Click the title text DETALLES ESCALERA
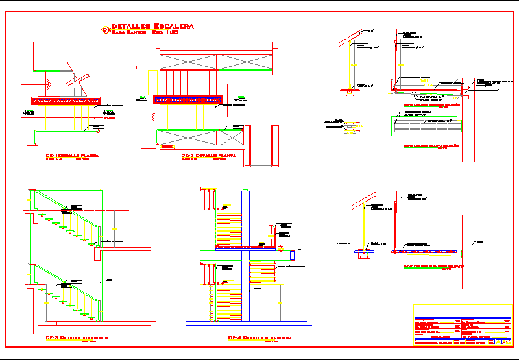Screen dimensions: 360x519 [x=152, y=25]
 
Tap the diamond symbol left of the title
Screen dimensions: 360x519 [x=106, y=29]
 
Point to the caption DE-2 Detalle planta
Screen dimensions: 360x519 [x=208, y=156]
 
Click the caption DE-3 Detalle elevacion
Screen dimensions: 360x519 [x=77, y=338]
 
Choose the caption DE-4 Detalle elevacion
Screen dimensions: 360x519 [x=259, y=338]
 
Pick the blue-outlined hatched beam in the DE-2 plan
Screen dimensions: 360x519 [x=188, y=100]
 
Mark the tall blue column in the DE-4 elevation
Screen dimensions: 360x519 [x=245, y=256]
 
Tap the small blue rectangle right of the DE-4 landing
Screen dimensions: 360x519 [x=293, y=255]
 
